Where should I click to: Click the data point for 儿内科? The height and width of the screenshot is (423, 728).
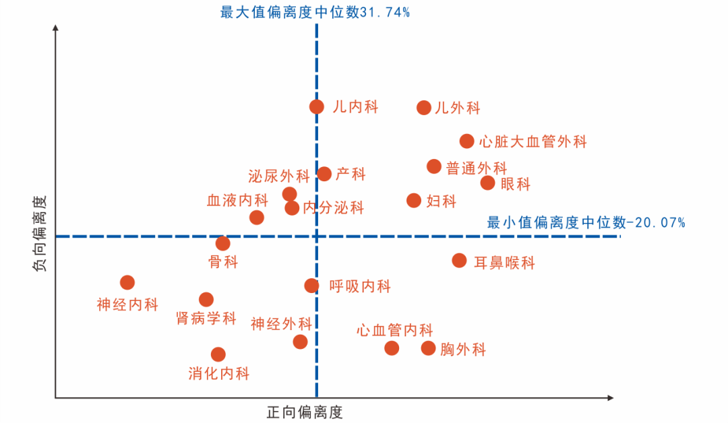(x=317, y=106)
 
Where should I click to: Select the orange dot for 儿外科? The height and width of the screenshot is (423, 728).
(x=424, y=107)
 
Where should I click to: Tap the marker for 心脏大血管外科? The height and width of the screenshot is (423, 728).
(x=467, y=141)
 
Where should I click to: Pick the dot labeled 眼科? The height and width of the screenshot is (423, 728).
(x=488, y=183)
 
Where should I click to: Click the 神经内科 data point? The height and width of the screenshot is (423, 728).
(x=127, y=282)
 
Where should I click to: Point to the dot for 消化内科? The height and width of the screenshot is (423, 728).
(x=218, y=354)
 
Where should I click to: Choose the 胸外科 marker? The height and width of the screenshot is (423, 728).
(x=429, y=348)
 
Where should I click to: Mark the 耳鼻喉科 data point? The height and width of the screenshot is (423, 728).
(x=460, y=260)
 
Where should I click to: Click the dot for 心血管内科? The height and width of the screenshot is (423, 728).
(x=392, y=348)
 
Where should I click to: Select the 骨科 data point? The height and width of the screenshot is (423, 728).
(x=223, y=243)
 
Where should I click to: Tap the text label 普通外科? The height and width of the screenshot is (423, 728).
(x=477, y=168)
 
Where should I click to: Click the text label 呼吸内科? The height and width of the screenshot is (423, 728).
(x=360, y=286)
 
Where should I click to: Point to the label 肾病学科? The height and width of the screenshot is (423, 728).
(x=206, y=318)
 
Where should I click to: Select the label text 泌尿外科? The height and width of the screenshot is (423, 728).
(x=278, y=176)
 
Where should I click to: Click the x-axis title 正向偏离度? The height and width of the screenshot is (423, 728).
(x=305, y=412)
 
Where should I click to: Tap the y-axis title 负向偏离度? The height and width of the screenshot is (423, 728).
(x=40, y=233)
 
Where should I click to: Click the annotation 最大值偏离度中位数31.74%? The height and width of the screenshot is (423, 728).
(x=315, y=11)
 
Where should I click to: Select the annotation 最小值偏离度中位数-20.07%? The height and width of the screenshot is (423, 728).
(x=586, y=222)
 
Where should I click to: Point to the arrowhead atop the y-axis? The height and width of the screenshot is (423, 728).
(x=55, y=28)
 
